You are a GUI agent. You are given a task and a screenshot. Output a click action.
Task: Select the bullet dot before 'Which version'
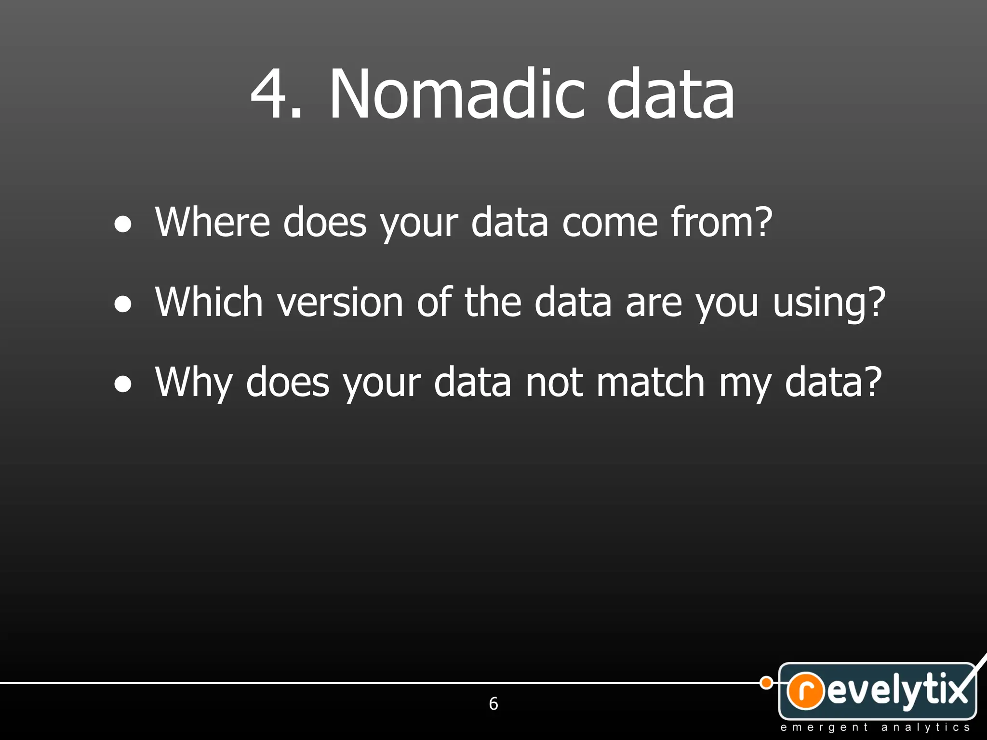coord(123,304)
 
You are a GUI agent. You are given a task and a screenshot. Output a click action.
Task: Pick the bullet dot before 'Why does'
coord(123,384)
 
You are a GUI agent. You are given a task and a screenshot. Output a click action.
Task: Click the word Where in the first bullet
coord(213,222)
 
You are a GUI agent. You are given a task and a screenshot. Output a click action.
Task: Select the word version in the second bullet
coord(340,303)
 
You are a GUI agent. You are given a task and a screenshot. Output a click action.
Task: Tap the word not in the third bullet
coord(554,383)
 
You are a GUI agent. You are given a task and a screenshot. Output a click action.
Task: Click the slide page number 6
coord(493,704)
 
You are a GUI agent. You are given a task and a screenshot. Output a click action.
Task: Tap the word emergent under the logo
coord(824,727)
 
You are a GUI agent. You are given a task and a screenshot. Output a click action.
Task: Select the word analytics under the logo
coord(925,727)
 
